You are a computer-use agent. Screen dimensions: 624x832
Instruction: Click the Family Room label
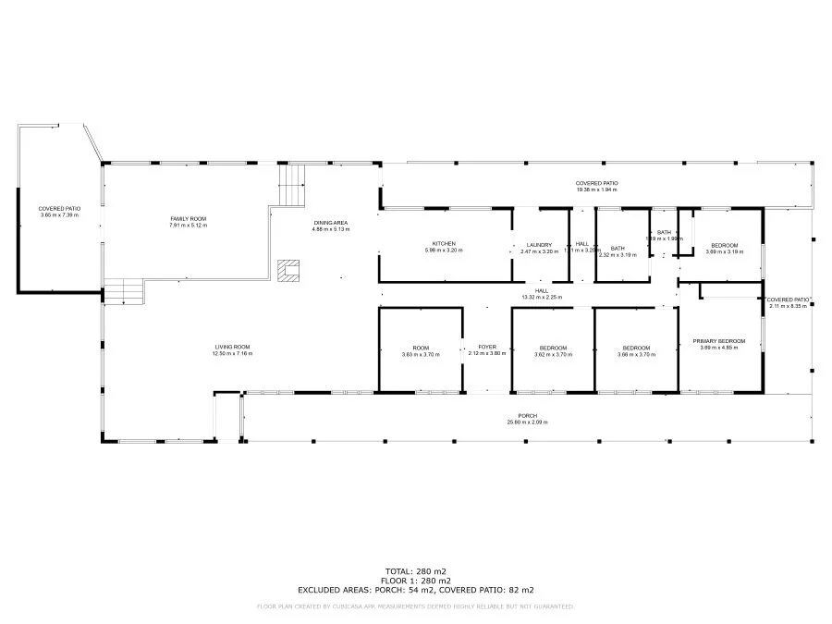188,218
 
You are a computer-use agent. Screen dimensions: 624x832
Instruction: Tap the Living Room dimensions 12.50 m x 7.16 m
232,354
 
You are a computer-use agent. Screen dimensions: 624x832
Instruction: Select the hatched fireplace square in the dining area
288,270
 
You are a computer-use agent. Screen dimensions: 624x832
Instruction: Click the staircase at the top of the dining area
292,183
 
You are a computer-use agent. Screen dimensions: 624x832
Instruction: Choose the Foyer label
487,347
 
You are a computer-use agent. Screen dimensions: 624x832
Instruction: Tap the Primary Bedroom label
718,341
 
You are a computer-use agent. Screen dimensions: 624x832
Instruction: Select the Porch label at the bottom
527,416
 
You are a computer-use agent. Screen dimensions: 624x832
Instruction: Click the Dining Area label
330,223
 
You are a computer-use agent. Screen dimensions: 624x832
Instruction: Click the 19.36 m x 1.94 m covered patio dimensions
596,190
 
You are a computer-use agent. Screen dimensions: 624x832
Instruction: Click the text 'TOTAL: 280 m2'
415,570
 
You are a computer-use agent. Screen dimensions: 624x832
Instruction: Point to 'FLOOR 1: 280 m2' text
415,580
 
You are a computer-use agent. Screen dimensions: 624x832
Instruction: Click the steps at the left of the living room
123,292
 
